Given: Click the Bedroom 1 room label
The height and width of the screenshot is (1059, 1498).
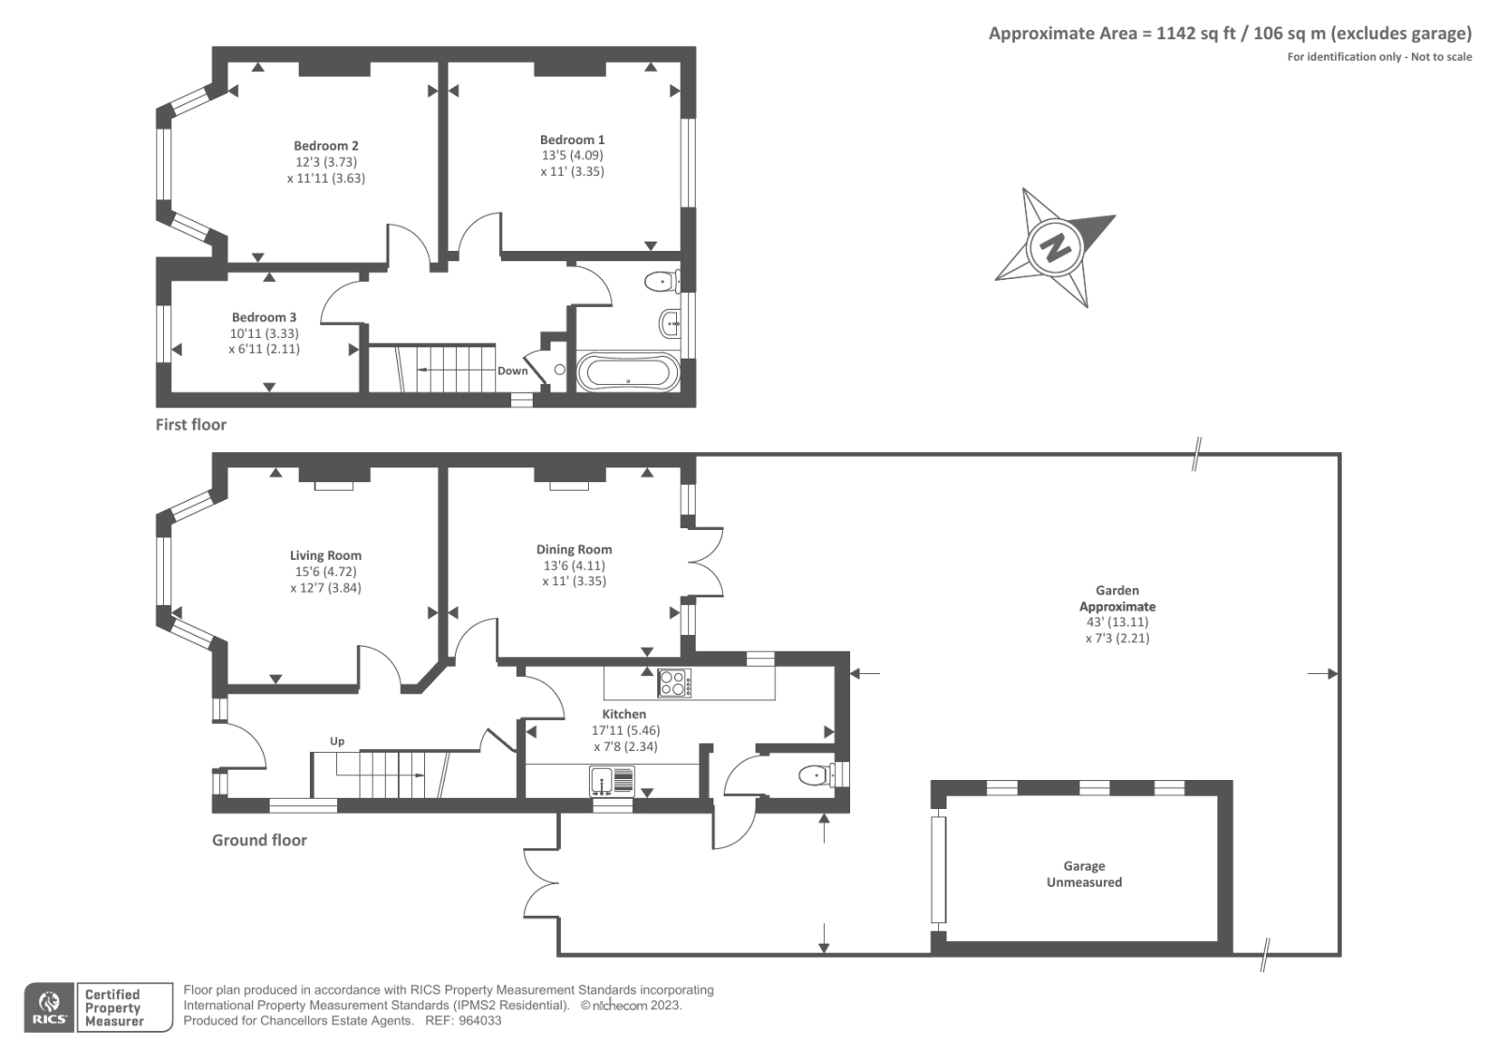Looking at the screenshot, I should point(572,140).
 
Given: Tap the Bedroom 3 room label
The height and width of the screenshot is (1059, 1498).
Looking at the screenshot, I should point(264,317).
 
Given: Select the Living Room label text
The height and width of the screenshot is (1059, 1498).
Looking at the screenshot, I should point(325,555).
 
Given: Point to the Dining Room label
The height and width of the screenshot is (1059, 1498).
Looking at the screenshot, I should point(574,550).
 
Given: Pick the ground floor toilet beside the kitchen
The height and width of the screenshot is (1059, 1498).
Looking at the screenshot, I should point(815,775).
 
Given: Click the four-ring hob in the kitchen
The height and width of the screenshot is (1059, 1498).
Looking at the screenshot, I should point(674,683).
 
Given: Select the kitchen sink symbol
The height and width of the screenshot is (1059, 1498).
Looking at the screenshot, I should point(612,780).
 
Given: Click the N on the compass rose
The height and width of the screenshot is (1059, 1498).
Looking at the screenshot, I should point(1056,248).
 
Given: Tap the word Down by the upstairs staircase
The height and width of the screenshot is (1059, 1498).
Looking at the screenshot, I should point(512,371).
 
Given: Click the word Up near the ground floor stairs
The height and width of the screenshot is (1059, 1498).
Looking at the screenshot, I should point(337,741).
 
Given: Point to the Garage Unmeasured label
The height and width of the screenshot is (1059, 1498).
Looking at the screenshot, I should point(1084,875).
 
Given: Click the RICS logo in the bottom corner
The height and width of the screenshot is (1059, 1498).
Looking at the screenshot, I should point(49,1008).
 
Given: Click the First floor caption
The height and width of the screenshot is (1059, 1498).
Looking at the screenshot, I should point(191,424).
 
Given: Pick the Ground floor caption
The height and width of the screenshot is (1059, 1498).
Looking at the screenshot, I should point(259,840).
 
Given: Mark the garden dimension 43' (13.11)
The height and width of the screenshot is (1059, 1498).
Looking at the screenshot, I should point(1117,622).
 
